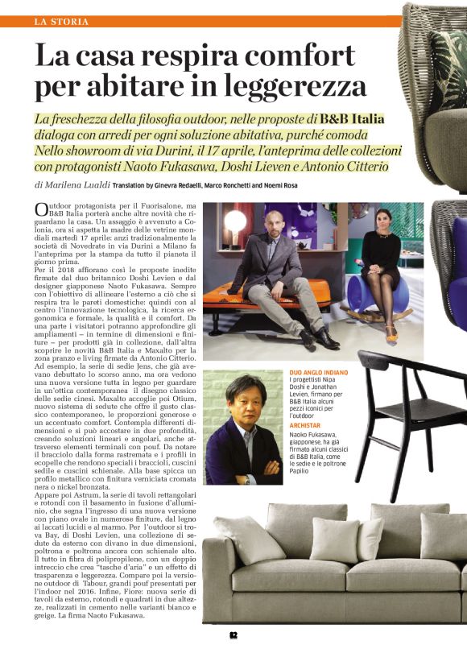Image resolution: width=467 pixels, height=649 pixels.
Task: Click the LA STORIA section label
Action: click(x=62, y=21)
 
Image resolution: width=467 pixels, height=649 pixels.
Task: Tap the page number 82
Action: click(x=233, y=635)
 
